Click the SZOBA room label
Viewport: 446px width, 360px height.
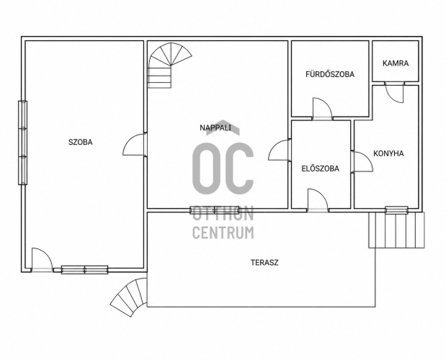81,142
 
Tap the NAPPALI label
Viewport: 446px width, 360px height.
215,128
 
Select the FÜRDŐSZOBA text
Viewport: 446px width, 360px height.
330,74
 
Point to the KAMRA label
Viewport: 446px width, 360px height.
396,63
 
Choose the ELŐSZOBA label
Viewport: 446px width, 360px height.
321,168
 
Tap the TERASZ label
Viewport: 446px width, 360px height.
264,263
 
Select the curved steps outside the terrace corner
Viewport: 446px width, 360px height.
130,297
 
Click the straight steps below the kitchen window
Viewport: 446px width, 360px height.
396,230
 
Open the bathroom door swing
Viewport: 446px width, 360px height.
322,109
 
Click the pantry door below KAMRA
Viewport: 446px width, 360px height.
394,93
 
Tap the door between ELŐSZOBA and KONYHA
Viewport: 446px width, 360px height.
362,161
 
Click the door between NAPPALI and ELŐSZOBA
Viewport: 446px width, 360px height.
280,150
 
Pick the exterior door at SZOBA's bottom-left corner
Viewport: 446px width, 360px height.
42,260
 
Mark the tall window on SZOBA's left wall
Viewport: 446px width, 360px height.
23,143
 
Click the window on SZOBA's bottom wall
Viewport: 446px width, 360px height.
85,270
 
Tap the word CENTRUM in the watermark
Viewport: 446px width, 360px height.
223,233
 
